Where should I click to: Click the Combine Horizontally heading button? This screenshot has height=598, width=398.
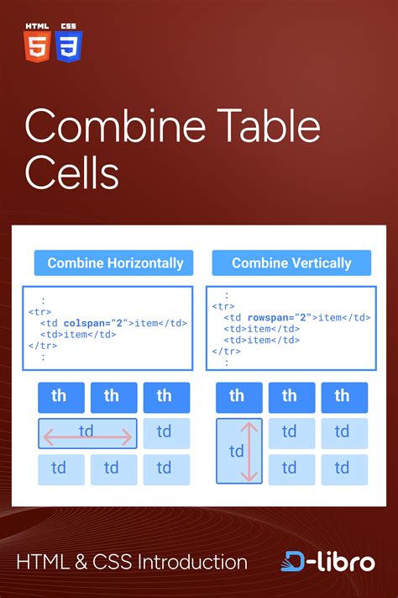point(114,263)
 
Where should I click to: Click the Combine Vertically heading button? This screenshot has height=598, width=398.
point(291,263)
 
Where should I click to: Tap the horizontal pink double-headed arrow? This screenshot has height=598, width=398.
point(87,437)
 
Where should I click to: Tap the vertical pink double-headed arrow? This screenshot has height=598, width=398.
point(250,452)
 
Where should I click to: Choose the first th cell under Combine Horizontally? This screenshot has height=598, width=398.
point(59,396)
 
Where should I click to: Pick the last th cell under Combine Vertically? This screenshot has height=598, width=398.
point(342,396)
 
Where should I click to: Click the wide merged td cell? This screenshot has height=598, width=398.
point(87,432)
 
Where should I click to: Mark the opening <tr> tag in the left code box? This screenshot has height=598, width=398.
point(39,311)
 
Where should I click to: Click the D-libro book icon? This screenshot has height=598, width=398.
point(294,562)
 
